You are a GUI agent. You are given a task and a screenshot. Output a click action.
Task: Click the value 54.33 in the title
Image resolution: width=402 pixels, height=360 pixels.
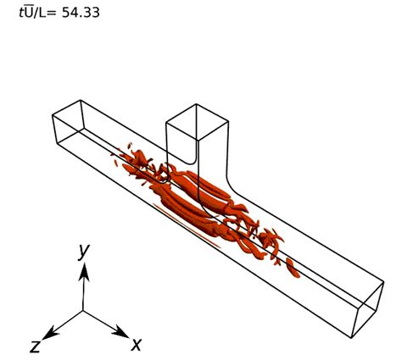click(x=81, y=13)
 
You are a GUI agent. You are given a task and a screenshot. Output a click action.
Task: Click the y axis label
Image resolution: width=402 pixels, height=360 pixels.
click(x=83, y=251)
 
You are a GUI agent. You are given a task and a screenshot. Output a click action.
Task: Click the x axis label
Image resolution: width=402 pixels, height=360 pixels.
click(x=135, y=344)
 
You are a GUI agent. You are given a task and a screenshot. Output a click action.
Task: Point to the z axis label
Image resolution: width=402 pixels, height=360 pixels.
click(x=36, y=346)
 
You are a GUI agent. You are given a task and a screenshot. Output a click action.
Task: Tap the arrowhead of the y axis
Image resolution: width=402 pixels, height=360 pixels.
click(x=83, y=269)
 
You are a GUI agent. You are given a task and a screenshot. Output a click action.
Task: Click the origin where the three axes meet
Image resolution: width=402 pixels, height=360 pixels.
click(x=83, y=311)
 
